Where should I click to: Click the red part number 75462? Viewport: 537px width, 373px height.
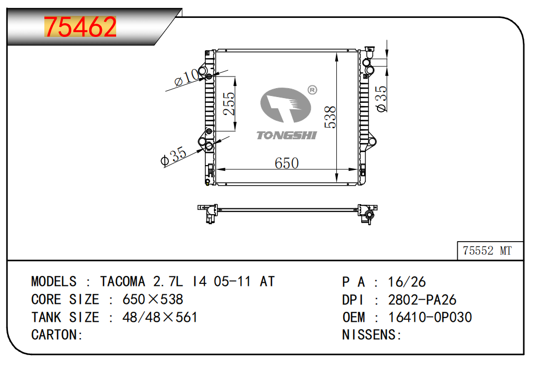click(80, 27)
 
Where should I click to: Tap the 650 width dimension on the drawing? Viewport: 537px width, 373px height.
click(287, 163)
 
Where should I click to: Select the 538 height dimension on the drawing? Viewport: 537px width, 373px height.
click(330, 117)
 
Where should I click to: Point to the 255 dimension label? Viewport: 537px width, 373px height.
click(229, 104)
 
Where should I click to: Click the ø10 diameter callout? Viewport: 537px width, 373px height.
click(186, 78)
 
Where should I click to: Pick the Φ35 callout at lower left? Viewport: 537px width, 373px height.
click(173, 156)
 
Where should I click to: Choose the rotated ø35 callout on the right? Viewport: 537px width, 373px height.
click(381, 99)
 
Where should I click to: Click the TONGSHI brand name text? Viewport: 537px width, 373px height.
click(287, 136)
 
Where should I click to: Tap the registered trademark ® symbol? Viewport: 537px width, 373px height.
click(312, 90)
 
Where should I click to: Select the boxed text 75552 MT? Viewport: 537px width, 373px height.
click(487, 251)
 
